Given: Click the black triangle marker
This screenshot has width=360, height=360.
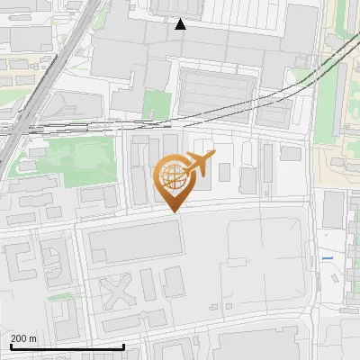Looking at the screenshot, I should click(x=181, y=24).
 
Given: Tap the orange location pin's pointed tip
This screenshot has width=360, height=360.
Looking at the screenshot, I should click(x=172, y=211).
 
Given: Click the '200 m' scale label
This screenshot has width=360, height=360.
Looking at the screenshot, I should click(x=24, y=338).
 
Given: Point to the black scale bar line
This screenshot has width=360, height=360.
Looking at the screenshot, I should click(x=67, y=347).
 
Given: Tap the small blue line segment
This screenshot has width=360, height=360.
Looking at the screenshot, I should click(x=327, y=259).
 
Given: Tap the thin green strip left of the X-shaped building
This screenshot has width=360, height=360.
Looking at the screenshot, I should click(x=63, y=294).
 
